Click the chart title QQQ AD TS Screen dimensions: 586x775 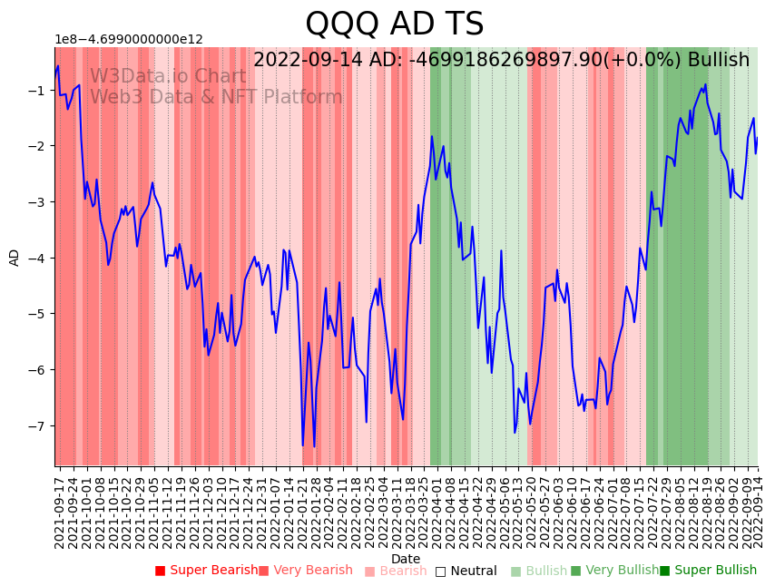[x=394, y=24]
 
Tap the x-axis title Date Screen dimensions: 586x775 [x=406, y=559]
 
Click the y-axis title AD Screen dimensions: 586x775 [x=15, y=257]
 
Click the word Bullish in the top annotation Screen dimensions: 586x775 [x=719, y=60]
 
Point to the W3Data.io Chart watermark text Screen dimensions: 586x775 [x=168, y=77]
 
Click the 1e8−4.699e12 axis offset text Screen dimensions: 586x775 [x=129, y=40]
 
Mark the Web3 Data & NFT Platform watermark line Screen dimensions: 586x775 [x=216, y=97]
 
